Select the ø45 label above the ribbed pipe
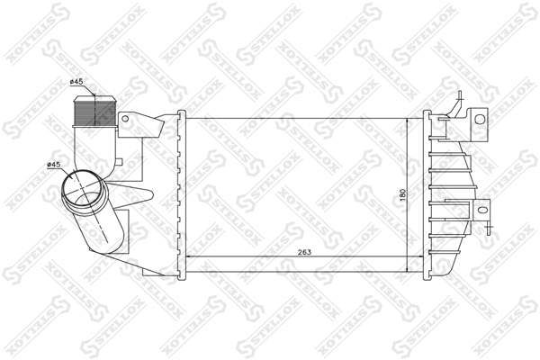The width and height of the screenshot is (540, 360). [77, 84]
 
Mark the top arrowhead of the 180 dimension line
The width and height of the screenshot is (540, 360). [409, 118]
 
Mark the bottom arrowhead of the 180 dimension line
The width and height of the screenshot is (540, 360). [409, 267]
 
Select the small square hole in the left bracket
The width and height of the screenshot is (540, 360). [124, 118]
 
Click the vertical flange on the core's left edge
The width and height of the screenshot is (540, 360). [182, 193]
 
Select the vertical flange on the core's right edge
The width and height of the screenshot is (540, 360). [427, 193]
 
